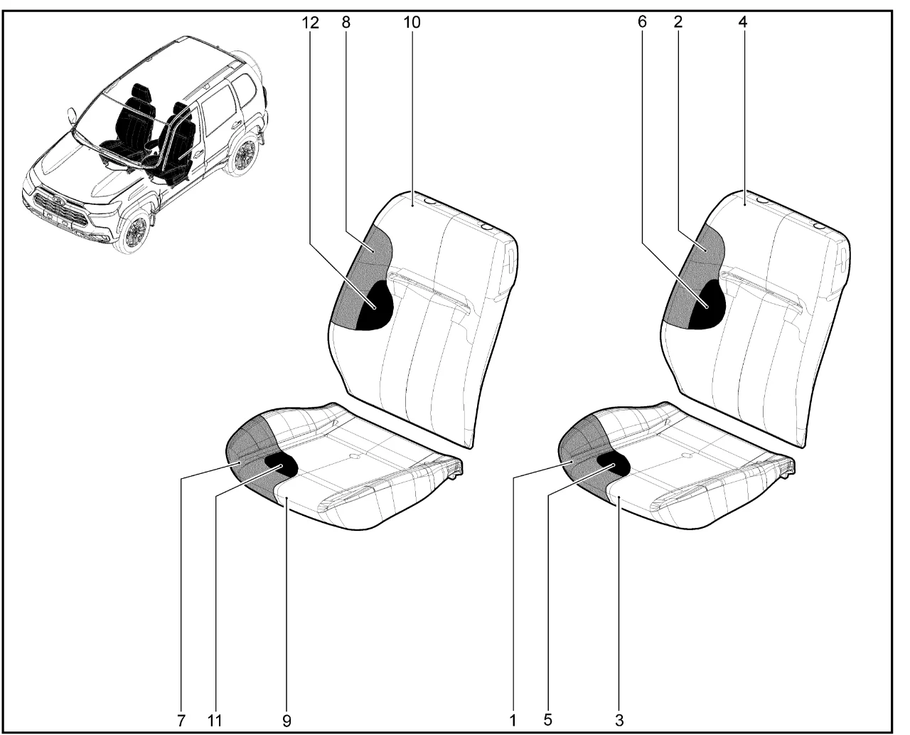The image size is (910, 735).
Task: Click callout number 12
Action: click(x=311, y=23)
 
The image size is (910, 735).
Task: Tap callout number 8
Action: click(x=346, y=22)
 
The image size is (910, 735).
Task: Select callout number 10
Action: click(x=412, y=22)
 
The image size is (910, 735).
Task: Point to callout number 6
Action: click(x=642, y=22)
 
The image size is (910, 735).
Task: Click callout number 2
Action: click(x=678, y=22)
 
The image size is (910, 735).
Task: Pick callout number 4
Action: click(x=743, y=22)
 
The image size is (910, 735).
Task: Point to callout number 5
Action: click(x=547, y=720)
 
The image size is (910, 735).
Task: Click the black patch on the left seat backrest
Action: click(x=375, y=306)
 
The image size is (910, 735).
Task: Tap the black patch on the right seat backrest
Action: click(x=708, y=305)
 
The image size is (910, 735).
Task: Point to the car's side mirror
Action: click(x=72, y=115)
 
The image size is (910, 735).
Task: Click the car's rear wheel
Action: click(x=244, y=154)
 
